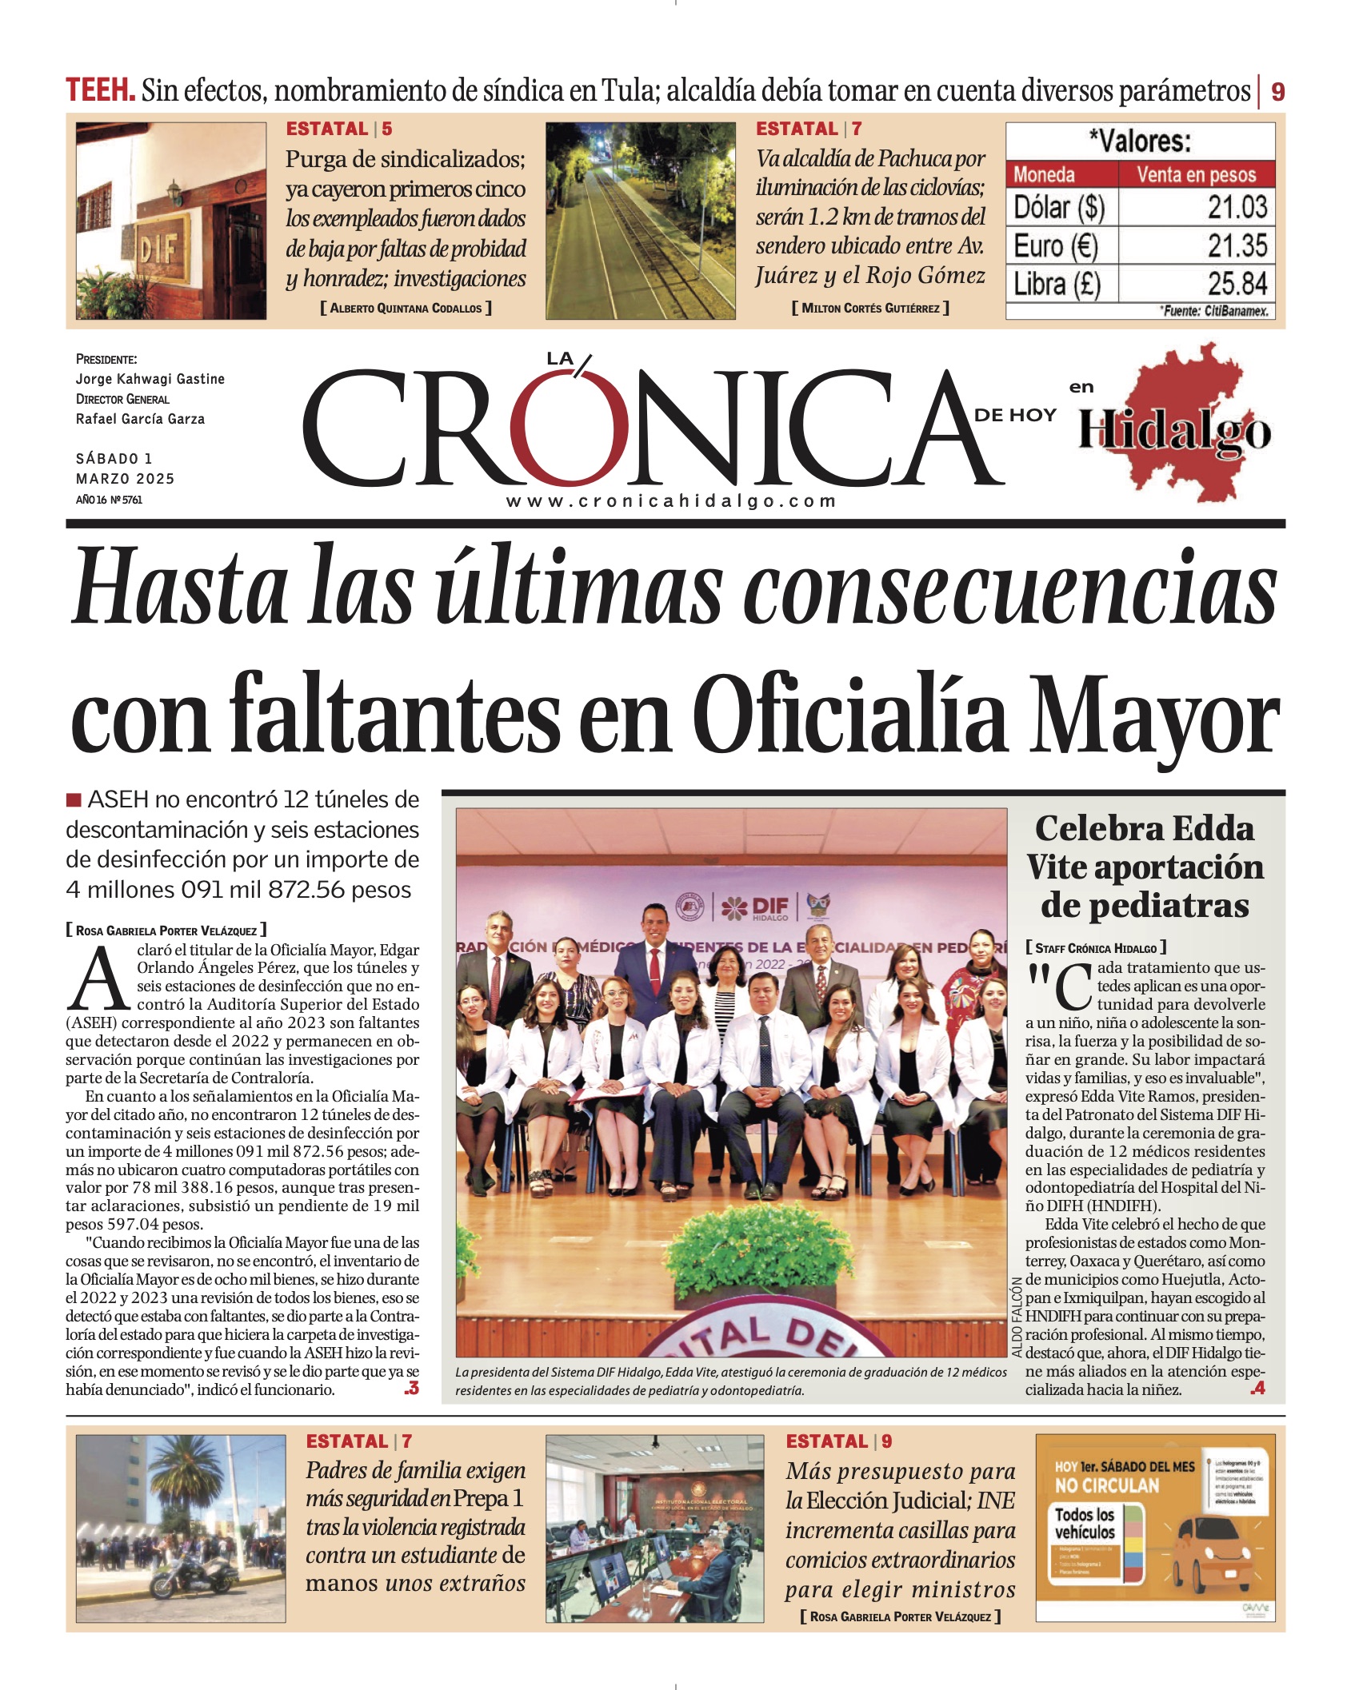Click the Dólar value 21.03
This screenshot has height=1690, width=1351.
click(x=1237, y=207)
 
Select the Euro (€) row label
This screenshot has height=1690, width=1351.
click(x=1056, y=245)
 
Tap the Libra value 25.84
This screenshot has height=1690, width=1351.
click(x=1237, y=284)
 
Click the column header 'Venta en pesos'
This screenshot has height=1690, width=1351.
click(x=1196, y=174)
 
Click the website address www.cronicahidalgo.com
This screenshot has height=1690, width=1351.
click(x=671, y=501)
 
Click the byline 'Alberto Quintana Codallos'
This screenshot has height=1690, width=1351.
click(x=406, y=308)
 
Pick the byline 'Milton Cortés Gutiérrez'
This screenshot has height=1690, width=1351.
click(x=870, y=308)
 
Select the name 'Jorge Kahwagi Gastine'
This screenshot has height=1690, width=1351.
click(x=150, y=379)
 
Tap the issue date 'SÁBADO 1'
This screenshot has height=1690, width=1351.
click(x=114, y=459)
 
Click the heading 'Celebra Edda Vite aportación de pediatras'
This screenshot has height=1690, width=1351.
click(x=1145, y=867)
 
